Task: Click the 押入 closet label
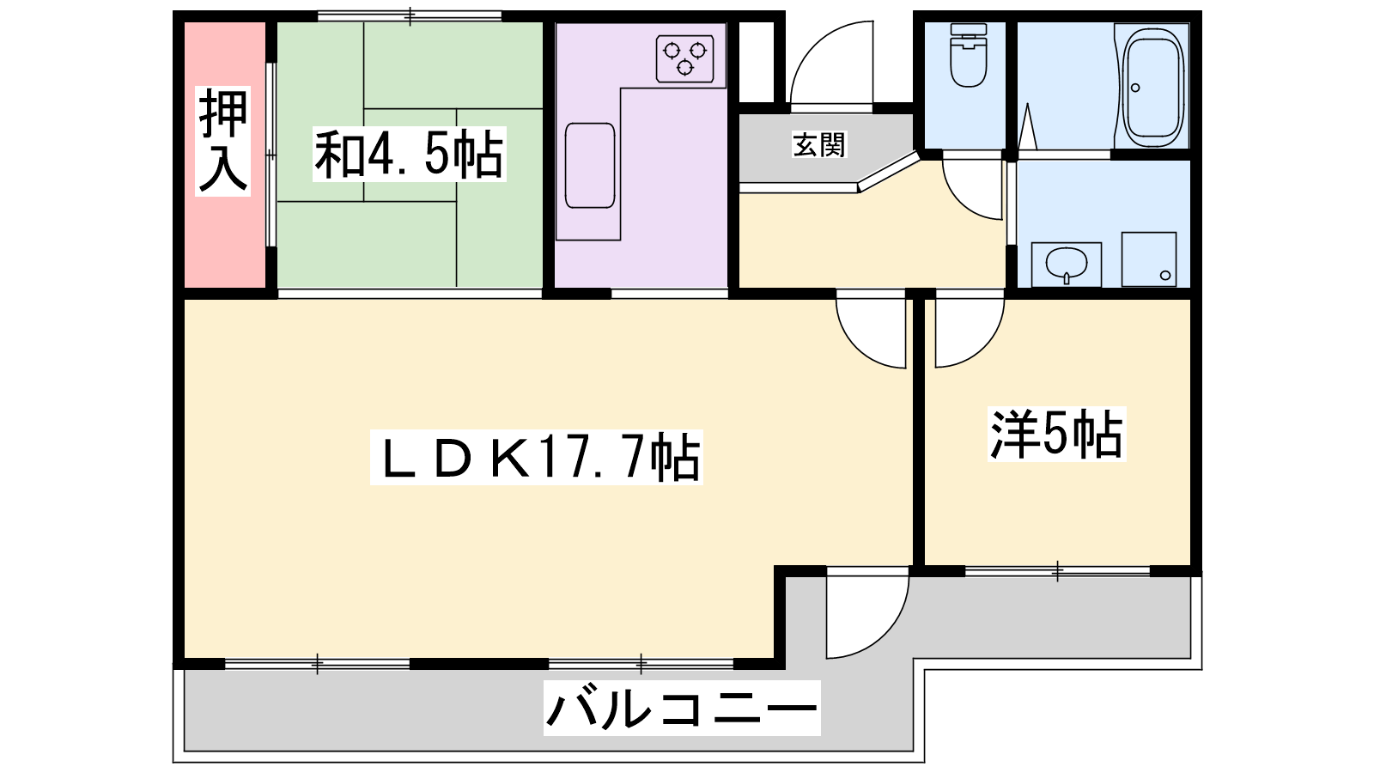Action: (222, 141)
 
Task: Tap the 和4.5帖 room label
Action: (409, 154)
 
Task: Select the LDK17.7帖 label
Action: (537, 459)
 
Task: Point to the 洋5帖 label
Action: (1056, 434)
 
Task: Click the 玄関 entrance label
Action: (819, 145)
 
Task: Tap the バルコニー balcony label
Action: (682, 708)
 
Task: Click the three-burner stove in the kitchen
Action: (685, 59)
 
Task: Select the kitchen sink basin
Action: (590, 166)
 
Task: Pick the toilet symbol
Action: (969, 55)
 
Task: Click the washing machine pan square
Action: (1149, 259)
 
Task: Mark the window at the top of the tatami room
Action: (410, 16)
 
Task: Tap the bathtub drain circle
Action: (1135, 88)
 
